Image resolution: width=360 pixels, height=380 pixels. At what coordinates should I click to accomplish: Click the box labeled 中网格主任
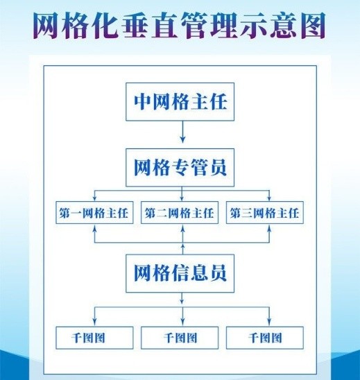(x=180, y=102)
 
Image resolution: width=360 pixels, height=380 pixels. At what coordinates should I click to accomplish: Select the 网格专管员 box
(x=180, y=167)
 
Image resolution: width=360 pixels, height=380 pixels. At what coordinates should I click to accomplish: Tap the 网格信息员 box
(x=180, y=273)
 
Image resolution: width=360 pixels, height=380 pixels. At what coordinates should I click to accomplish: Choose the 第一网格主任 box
(x=94, y=213)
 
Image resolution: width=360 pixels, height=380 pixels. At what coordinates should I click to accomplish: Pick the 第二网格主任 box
(x=180, y=213)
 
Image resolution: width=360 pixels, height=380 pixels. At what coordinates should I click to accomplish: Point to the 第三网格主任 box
(x=265, y=213)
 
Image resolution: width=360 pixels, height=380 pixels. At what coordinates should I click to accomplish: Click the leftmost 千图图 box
(x=94, y=338)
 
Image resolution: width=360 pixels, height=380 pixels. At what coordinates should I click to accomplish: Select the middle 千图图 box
(x=180, y=338)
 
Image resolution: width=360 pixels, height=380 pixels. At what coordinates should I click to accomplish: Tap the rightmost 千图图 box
(x=265, y=338)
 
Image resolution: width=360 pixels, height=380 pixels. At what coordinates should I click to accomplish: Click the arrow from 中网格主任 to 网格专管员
(x=183, y=132)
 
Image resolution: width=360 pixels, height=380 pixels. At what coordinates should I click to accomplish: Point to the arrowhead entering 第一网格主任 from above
(x=95, y=198)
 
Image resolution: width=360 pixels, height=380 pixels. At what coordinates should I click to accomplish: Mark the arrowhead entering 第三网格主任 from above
(x=269, y=198)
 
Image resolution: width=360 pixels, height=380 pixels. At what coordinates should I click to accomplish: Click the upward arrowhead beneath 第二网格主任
(x=183, y=227)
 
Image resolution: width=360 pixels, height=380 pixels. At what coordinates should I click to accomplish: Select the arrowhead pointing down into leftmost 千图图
(x=95, y=322)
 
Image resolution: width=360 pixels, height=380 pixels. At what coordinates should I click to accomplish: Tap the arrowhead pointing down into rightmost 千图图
(x=269, y=322)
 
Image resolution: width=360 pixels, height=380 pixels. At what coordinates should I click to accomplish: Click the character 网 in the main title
(x=45, y=26)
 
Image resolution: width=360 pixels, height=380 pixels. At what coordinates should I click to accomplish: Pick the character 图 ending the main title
(x=313, y=26)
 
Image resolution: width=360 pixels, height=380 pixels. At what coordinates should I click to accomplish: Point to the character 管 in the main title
(x=195, y=26)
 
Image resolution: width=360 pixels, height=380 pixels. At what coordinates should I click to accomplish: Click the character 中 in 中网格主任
(x=142, y=101)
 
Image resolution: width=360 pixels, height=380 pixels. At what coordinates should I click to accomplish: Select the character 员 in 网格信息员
(x=218, y=273)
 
